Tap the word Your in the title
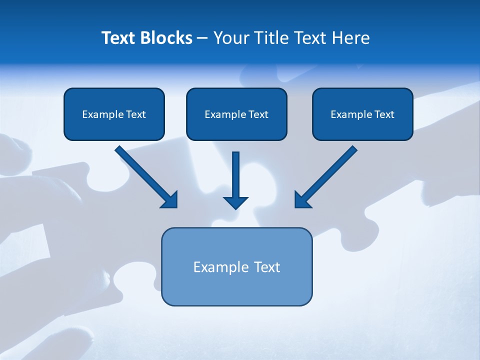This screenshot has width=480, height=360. pos(230,38)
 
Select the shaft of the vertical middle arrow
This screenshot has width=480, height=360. pos(236,172)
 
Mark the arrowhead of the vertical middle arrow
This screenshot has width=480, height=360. pos(236,202)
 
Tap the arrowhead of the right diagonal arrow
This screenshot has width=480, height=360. pos(302,200)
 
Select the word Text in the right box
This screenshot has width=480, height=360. pos(384,114)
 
